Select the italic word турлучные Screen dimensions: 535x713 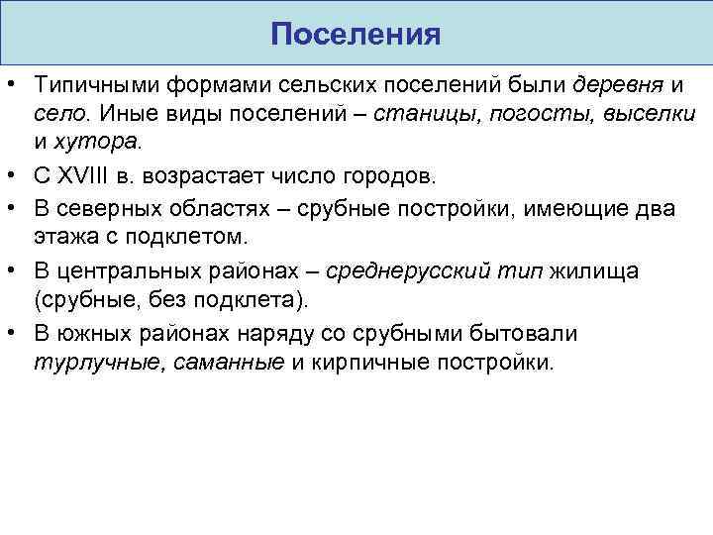95,362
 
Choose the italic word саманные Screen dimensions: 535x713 229,362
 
